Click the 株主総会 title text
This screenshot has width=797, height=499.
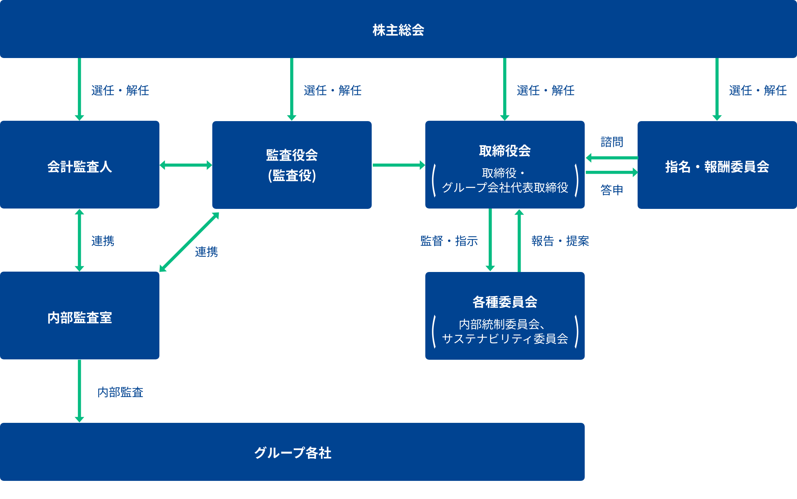398,30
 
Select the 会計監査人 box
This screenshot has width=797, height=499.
79,165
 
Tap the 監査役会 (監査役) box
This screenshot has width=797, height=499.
292,165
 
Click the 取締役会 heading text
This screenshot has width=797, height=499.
505,151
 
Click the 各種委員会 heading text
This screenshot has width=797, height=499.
505,302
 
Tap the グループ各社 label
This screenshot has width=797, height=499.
292,453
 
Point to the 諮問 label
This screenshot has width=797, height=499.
612,142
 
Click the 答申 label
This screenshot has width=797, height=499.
612,190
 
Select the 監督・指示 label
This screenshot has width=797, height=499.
449,241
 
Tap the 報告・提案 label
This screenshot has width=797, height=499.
560,241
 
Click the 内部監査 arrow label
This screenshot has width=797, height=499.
121,392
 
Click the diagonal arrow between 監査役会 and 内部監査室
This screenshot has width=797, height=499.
189,242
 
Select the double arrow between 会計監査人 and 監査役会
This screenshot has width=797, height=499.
185,165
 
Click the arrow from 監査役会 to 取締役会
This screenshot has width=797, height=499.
398,165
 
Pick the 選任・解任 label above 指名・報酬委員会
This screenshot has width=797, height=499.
758,90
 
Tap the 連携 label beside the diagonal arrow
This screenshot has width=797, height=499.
206,252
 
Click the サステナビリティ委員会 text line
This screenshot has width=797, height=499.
505,339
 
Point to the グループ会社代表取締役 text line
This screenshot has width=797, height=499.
505,187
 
